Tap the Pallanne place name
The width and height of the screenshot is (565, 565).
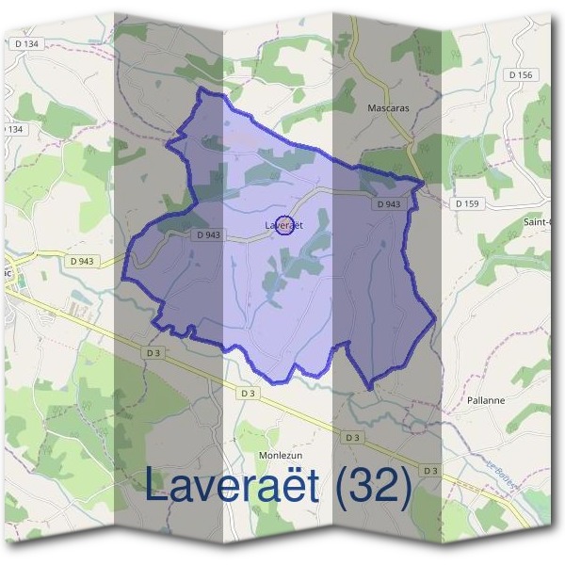click(x=486, y=400)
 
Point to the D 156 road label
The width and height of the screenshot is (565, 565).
click(x=519, y=75)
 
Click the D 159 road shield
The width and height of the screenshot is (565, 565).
click(x=466, y=203)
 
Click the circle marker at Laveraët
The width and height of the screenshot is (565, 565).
click(x=286, y=225)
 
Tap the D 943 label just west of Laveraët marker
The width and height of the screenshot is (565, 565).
click(x=210, y=235)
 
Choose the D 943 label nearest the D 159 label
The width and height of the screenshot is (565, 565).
click(x=388, y=203)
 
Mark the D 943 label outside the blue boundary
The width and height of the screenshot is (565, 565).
click(x=82, y=261)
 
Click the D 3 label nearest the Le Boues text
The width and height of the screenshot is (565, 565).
click(x=430, y=470)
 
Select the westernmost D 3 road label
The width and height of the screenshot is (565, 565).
click(x=153, y=352)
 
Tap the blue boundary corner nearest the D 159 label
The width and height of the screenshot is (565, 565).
click(x=424, y=183)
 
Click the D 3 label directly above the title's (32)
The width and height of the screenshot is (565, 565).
click(x=352, y=438)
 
